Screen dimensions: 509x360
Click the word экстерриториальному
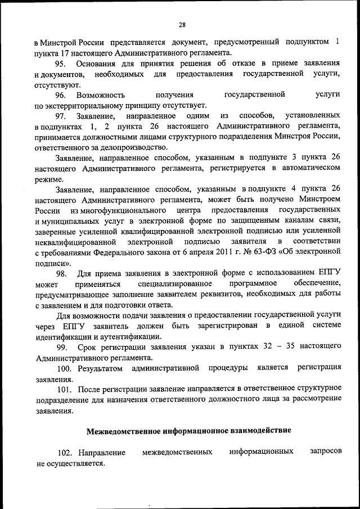tap(92, 105)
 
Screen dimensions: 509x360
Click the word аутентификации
tap(130, 336)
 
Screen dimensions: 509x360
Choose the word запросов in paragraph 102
tap(326, 452)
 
